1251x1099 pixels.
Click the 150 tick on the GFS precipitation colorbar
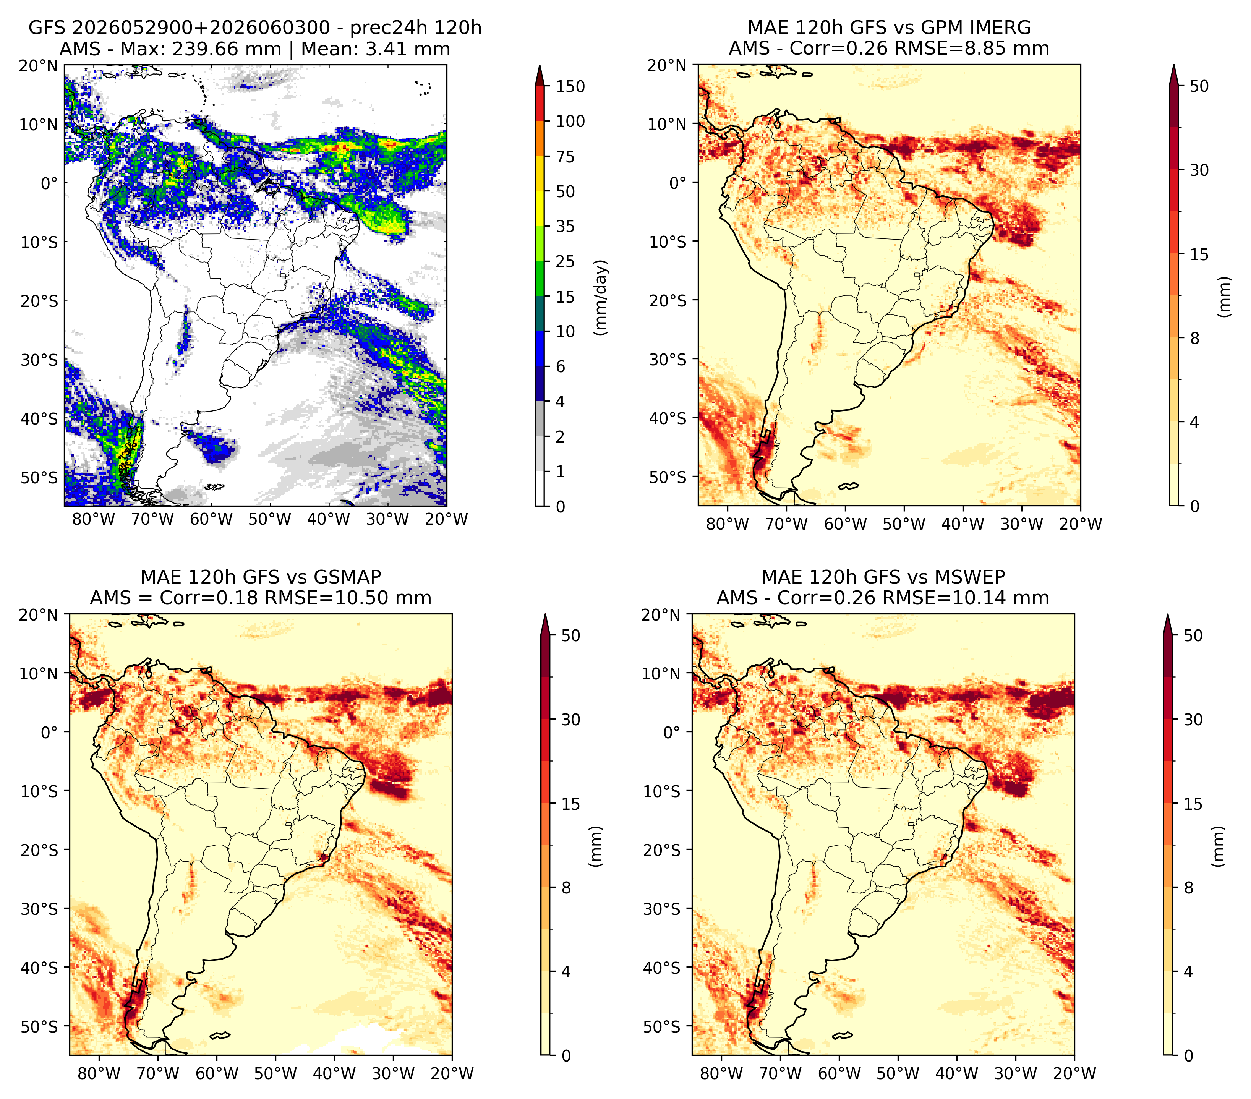[570, 86]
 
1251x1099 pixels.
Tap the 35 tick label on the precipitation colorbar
[565, 226]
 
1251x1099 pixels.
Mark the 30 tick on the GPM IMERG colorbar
[1199, 170]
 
